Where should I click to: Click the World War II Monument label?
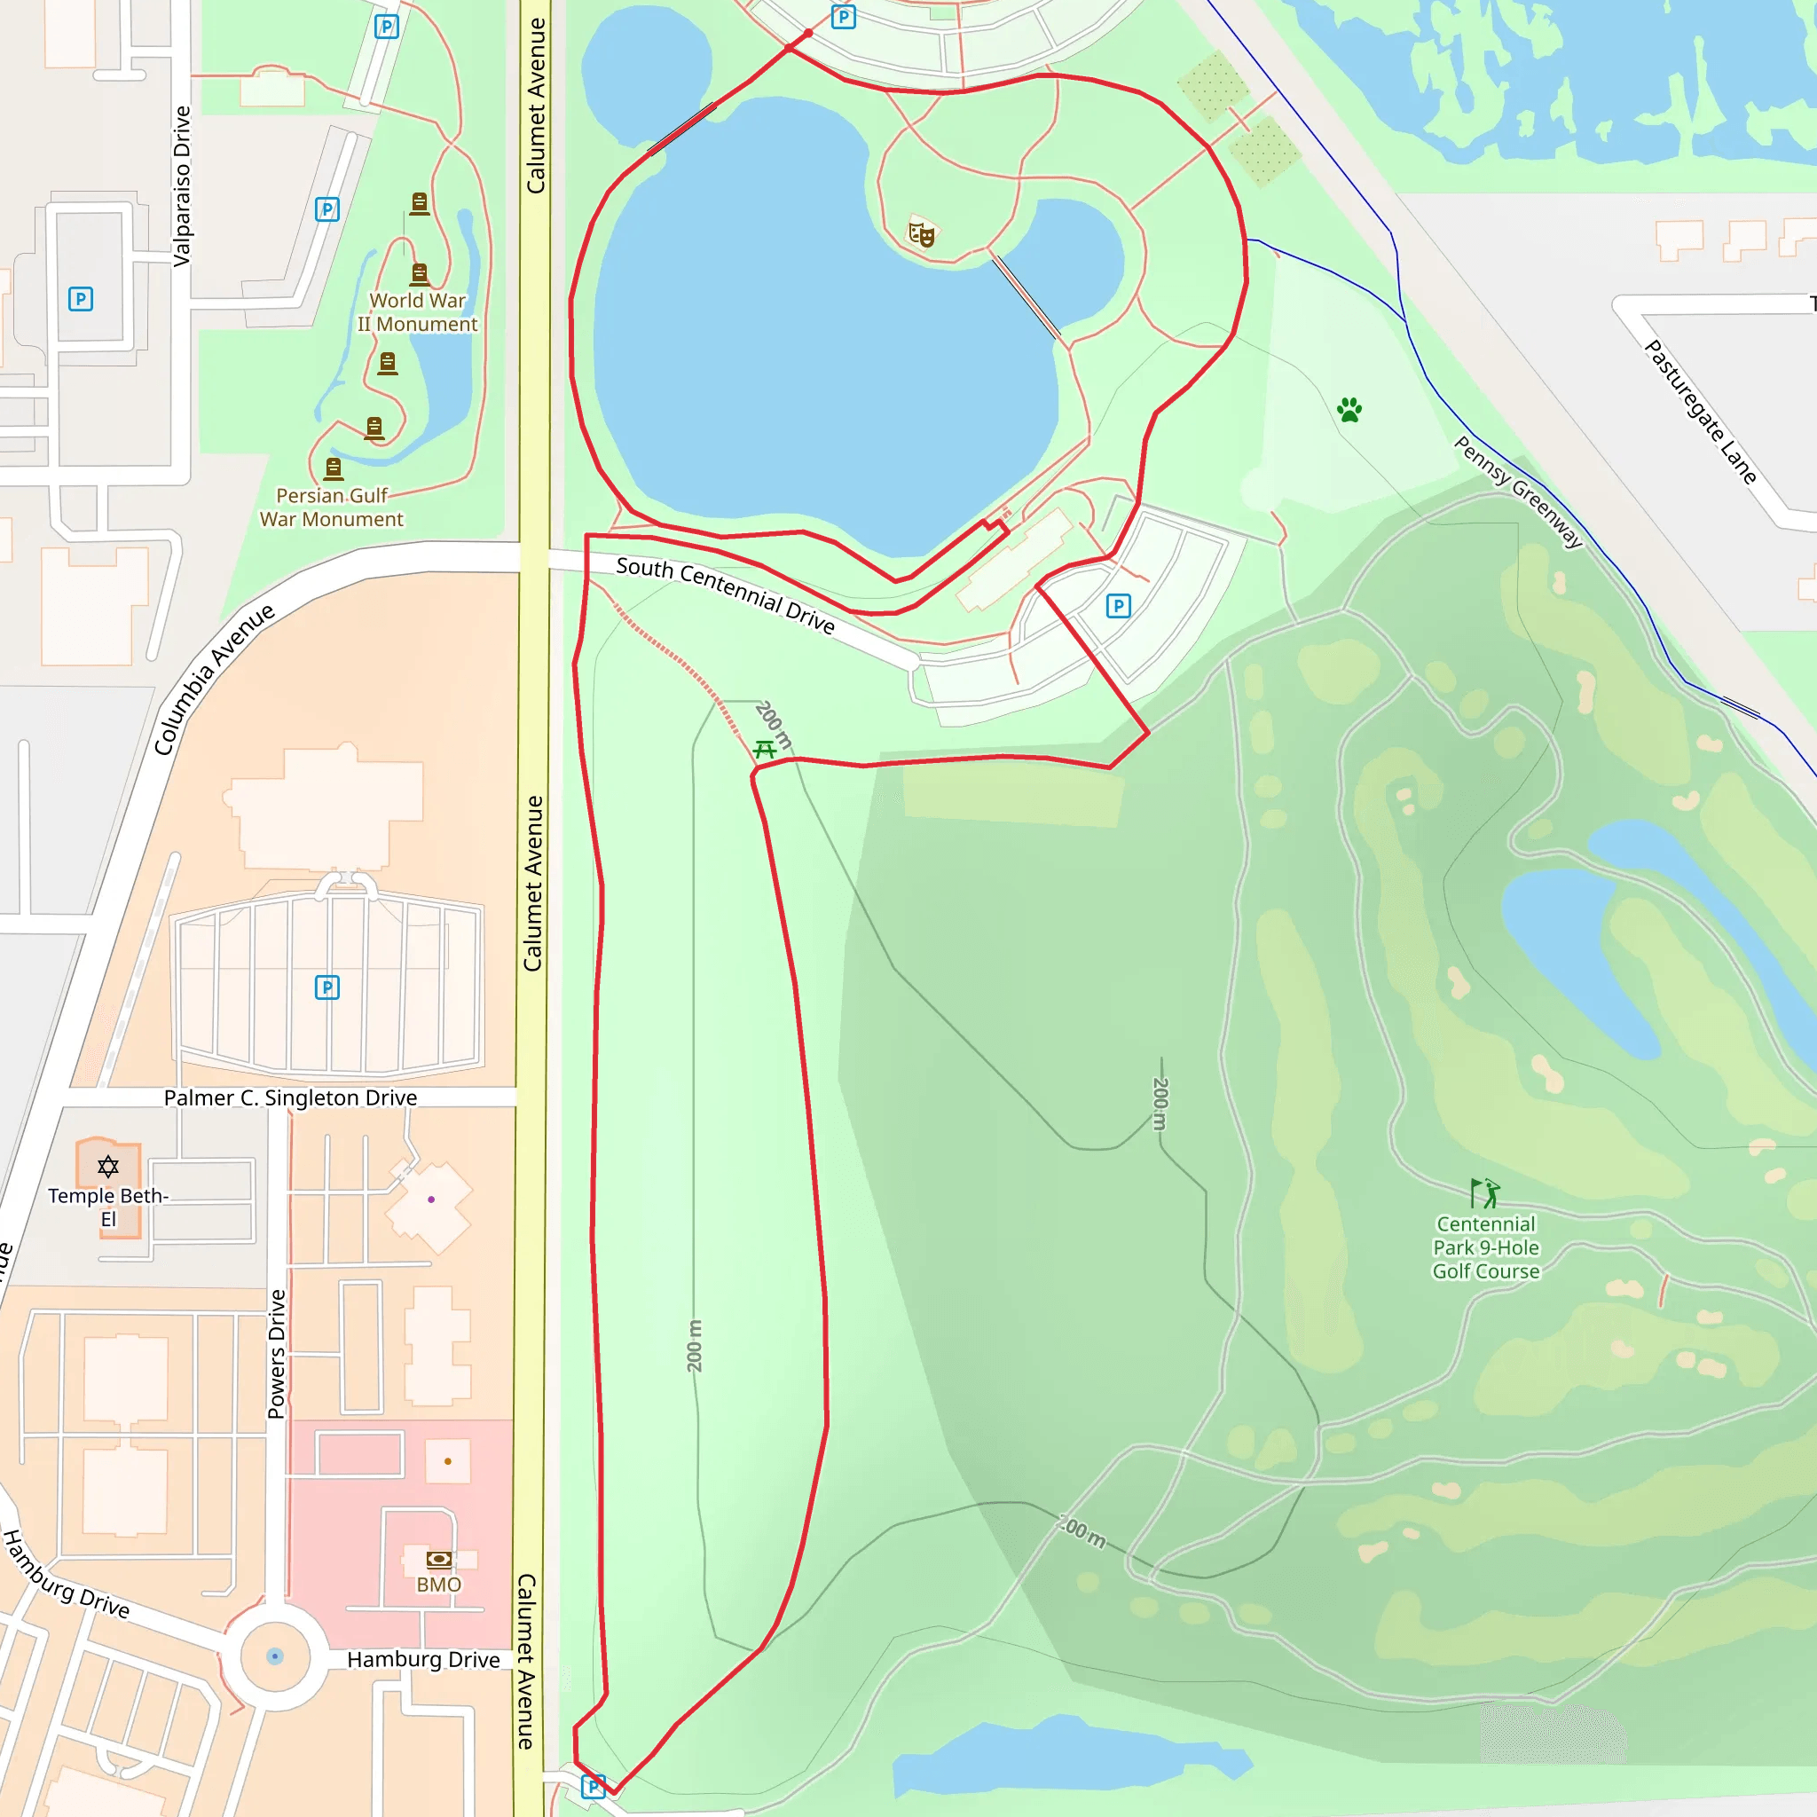[417, 312]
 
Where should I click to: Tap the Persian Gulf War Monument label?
[331, 507]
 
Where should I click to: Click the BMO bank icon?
[438, 1560]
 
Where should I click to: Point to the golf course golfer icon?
[1485, 1193]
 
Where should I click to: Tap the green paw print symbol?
[1349, 410]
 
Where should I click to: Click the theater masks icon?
[922, 232]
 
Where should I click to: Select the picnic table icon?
[765, 750]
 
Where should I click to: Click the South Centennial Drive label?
[725, 594]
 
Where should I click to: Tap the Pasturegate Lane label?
[1701, 412]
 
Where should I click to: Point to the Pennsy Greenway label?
[1518, 491]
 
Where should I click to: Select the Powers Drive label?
[276, 1353]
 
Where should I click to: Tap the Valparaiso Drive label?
[182, 185]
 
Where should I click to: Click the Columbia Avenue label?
[214, 679]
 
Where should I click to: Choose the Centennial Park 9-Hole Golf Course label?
[1486, 1247]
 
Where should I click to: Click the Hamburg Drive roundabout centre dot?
[275, 1656]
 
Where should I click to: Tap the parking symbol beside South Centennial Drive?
[1118, 606]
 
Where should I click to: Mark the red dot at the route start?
[808, 34]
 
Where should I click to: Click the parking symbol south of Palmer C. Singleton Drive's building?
[327, 987]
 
